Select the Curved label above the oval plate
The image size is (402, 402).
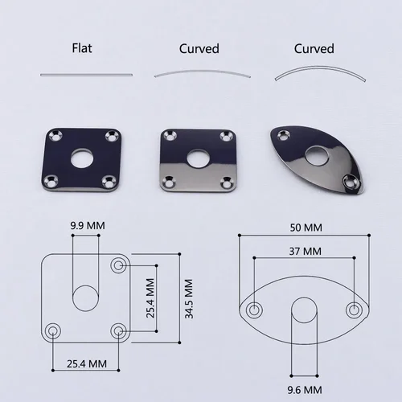click(314, 48)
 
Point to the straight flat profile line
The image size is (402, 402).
click(87, 75)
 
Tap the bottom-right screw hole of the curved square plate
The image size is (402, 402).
click(225, 181)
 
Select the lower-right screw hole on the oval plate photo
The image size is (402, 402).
click(348, 181)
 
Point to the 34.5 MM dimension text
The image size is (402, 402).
click(188, 299)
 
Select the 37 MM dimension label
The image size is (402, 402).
click(303, 252)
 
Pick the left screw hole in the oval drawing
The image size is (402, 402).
click(254, 310)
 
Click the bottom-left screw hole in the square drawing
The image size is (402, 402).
click(54, 329)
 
